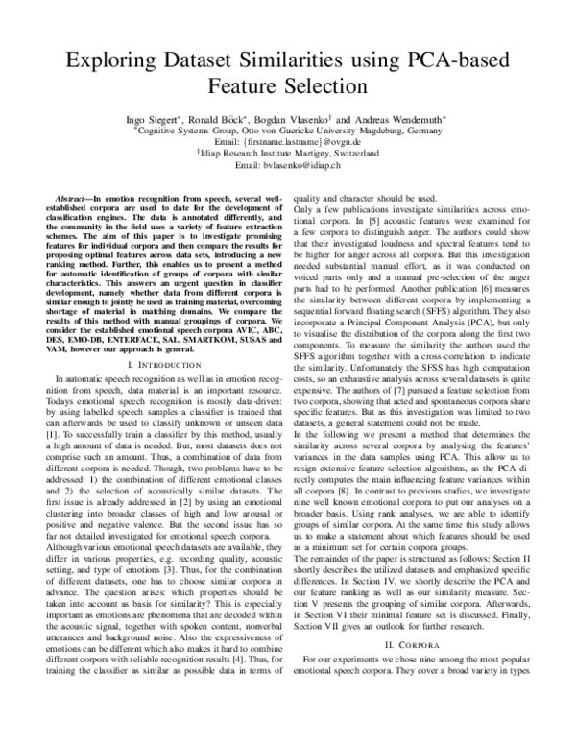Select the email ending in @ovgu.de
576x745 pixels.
[288, 139]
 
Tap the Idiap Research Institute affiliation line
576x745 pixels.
[288, 153]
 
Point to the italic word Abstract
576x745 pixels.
[74, 196]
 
